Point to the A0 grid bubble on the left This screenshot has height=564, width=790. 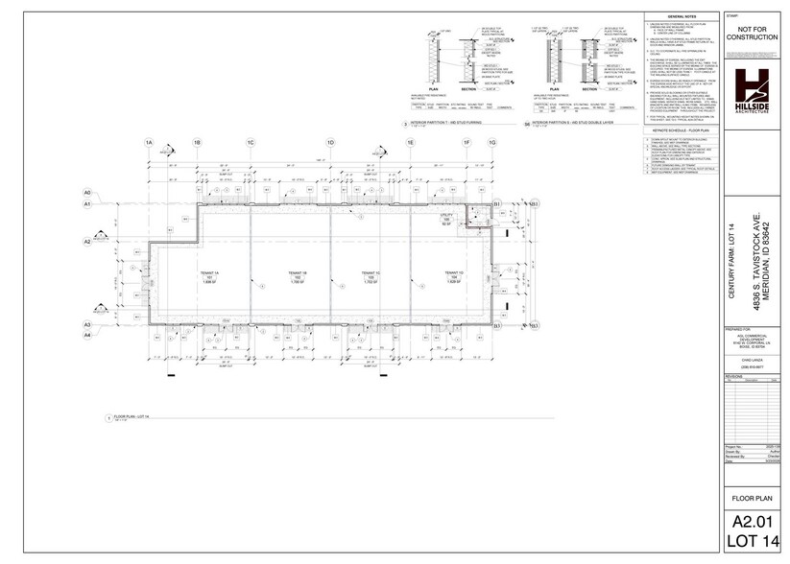(x=86, y=192)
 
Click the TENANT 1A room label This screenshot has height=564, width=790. (x=210, y=276)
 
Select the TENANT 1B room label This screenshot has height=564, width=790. (x=296, y=276)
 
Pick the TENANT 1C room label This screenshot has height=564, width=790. (x=371, y=276)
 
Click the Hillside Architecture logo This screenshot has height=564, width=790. (x=752, y=92)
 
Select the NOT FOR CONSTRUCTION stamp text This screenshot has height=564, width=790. (x=752, y=39)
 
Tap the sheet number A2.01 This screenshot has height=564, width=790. (x=752, y=522)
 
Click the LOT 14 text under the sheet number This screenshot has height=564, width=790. (x=752, y=543)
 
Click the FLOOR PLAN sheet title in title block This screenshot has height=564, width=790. (x=752, y=498)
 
